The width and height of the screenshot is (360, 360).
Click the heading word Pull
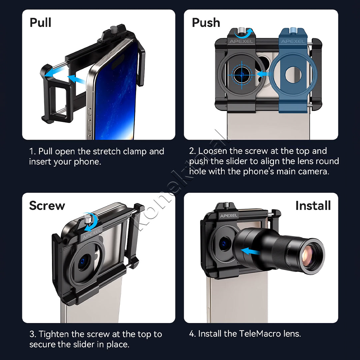40,23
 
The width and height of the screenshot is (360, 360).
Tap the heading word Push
206,23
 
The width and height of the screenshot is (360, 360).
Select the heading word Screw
47,205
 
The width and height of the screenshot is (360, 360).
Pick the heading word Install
313,205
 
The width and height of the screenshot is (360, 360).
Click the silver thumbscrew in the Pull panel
114,29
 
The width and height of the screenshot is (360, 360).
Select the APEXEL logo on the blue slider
293,42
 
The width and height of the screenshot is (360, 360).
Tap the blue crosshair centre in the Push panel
242,75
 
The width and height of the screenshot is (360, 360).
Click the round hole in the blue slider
293,75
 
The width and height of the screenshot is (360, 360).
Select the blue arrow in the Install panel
250,251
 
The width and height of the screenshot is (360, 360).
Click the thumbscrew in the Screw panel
88,220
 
